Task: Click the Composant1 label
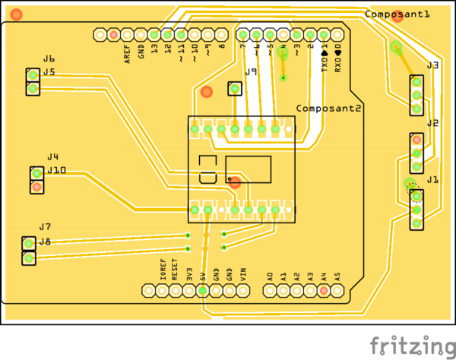click(x=397, y=14)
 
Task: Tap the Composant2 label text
click(x=328, y=109)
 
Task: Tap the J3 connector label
click(x=432, y=66)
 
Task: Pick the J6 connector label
click(x=49, y=59)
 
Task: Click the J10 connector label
click(x=56, y=171)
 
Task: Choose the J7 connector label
click(x=45, y=227)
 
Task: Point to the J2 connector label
click(x=432, y=123)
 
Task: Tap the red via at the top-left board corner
click(x=17, y=14)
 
